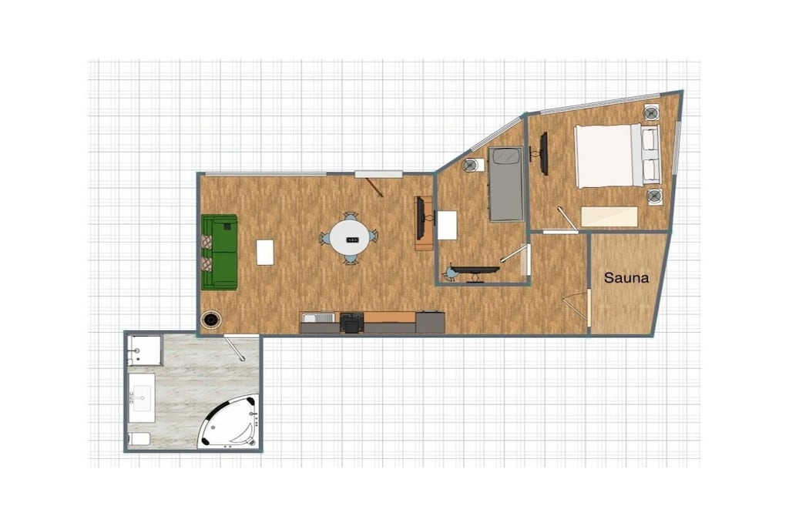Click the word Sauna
point(626,277)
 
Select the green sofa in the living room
point(220,253)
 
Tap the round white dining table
point(351,239)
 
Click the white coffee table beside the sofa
point(265,253)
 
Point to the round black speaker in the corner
point(211,320)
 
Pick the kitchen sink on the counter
point(317,317)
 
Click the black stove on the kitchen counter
point(351,323)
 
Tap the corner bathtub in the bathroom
point(230,422)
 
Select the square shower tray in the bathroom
point(144,350)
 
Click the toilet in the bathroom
point(139,439)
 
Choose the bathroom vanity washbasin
point(142,398)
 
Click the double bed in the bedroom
point(618,156)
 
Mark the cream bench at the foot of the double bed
point(609,216)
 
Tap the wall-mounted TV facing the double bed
point(543,154)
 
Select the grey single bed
point(505,184)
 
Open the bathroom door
point(234,347)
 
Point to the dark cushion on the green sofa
point(227,226)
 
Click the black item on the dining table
point(351,240)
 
